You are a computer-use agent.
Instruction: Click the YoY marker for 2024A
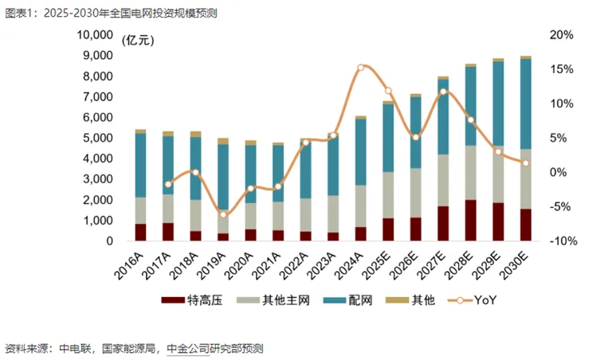pos(360,68)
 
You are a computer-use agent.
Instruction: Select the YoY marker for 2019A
pos(223,214)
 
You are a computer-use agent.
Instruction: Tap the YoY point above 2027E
pos(443,92)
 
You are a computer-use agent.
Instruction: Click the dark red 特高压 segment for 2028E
pos(471,220)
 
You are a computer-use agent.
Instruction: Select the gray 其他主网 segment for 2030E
pos(526,179)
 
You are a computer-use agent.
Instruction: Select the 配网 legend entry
pos(352,301)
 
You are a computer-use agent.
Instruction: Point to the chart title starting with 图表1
pos(110,14)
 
